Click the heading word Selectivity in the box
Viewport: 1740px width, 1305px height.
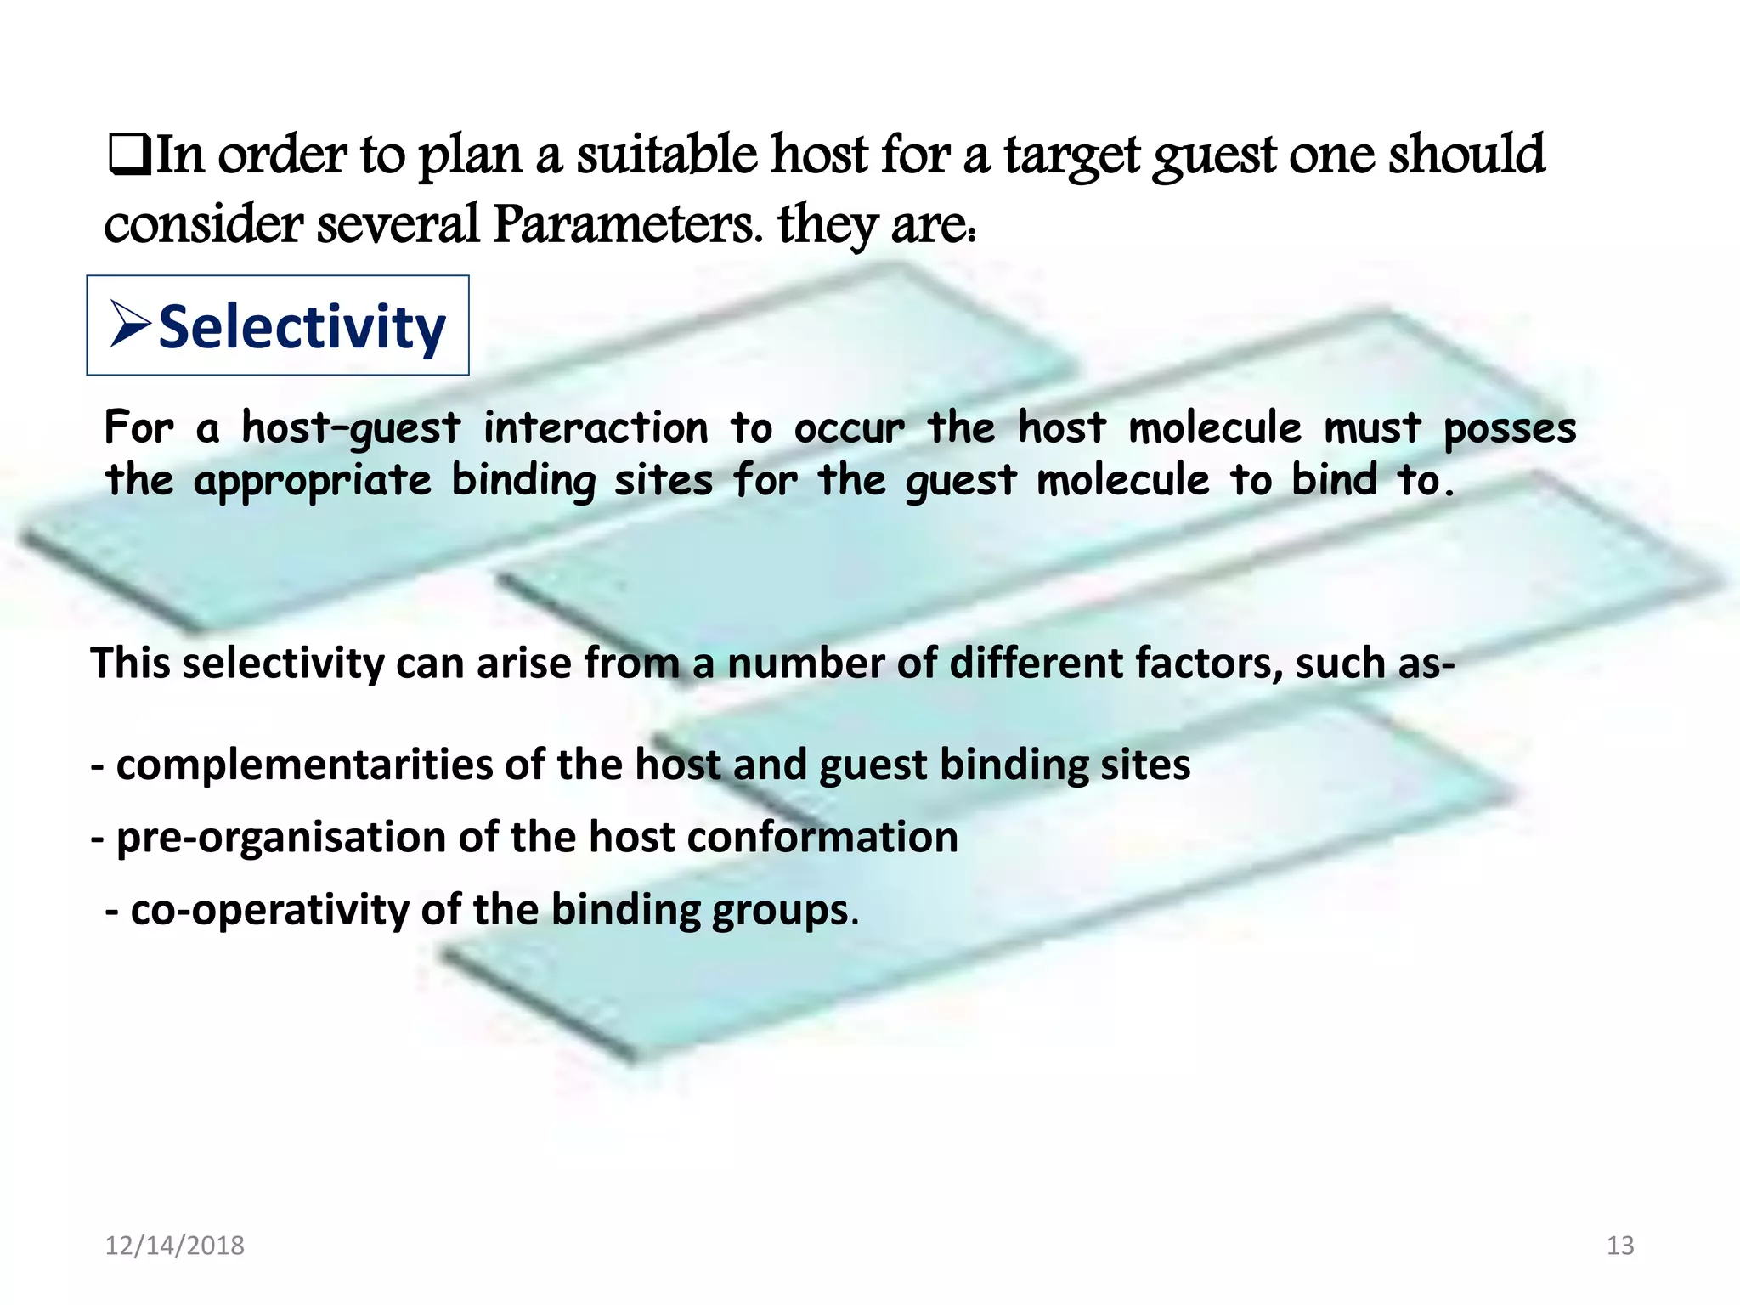302,328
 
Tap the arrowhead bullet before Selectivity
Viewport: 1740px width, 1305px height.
130,325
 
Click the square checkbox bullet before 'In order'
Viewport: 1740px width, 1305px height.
129,156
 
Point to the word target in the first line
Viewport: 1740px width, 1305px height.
1072,156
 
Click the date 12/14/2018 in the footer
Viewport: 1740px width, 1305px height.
174,1246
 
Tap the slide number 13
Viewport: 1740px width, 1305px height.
1620,1246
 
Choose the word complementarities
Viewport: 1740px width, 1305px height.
304,765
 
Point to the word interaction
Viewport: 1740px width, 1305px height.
596,427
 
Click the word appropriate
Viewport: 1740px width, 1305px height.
313,482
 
